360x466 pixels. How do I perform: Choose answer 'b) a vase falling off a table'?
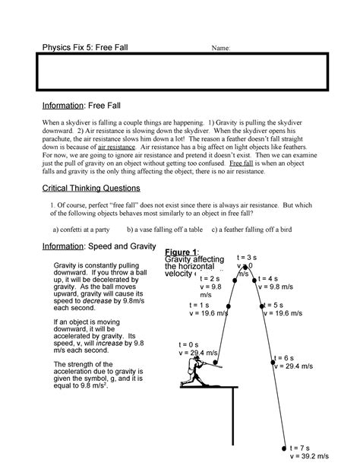coord(165,228)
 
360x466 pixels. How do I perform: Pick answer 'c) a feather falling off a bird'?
coord(258,228)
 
